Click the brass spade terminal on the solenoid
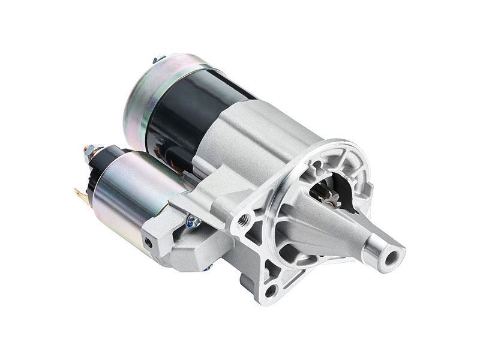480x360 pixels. coord(79,196)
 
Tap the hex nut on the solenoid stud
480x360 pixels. coord(89,151)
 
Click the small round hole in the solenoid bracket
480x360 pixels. coord(148,241)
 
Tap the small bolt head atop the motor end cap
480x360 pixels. coord(157,59)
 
